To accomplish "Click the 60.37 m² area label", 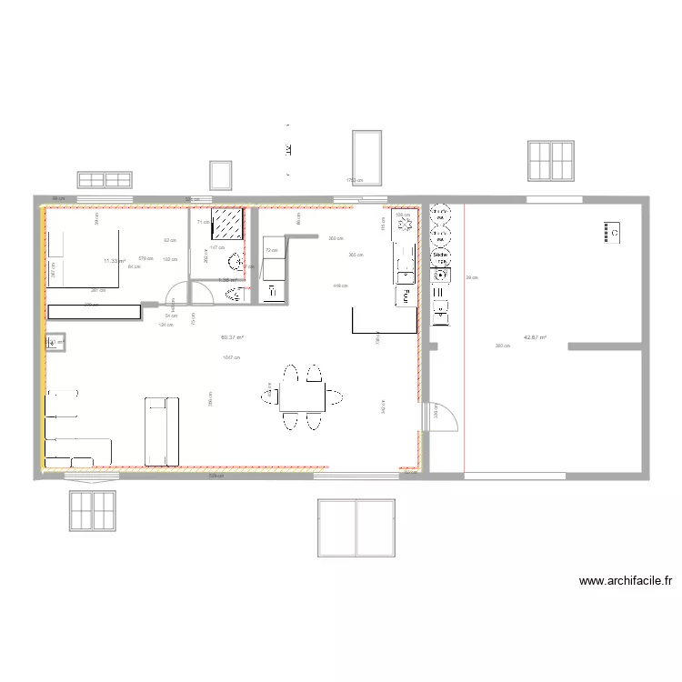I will point(232,337).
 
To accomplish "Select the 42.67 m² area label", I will point(534,337).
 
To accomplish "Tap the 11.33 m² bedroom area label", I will point(114,261).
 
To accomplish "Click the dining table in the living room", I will point(303,396).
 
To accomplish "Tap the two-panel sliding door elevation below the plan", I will point(356,527).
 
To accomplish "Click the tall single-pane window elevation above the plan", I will point(366,156).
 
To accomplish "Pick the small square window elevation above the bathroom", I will point(221,175).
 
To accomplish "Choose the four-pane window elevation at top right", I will point(550,161).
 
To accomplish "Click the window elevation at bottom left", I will point(93,510).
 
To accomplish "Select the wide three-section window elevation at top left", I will point(105,179).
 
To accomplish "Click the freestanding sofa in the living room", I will point(163,431).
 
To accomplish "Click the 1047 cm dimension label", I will point(231,357).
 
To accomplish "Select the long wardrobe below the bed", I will point(95,311).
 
